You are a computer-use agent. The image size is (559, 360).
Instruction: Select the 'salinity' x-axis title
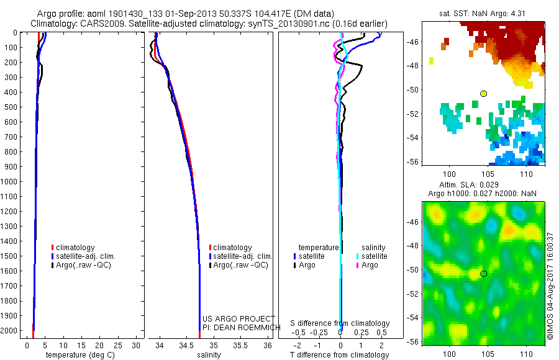coord(209,355)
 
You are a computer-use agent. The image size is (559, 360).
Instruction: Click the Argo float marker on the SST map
coord(483,94)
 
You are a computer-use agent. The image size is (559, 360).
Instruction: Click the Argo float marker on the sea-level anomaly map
coord(483,274)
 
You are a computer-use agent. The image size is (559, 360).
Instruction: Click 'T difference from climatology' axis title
coord(340,355)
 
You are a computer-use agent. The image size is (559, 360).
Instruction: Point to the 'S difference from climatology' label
coord(340,323)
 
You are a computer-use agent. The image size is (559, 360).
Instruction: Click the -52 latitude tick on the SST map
coord(413,114)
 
